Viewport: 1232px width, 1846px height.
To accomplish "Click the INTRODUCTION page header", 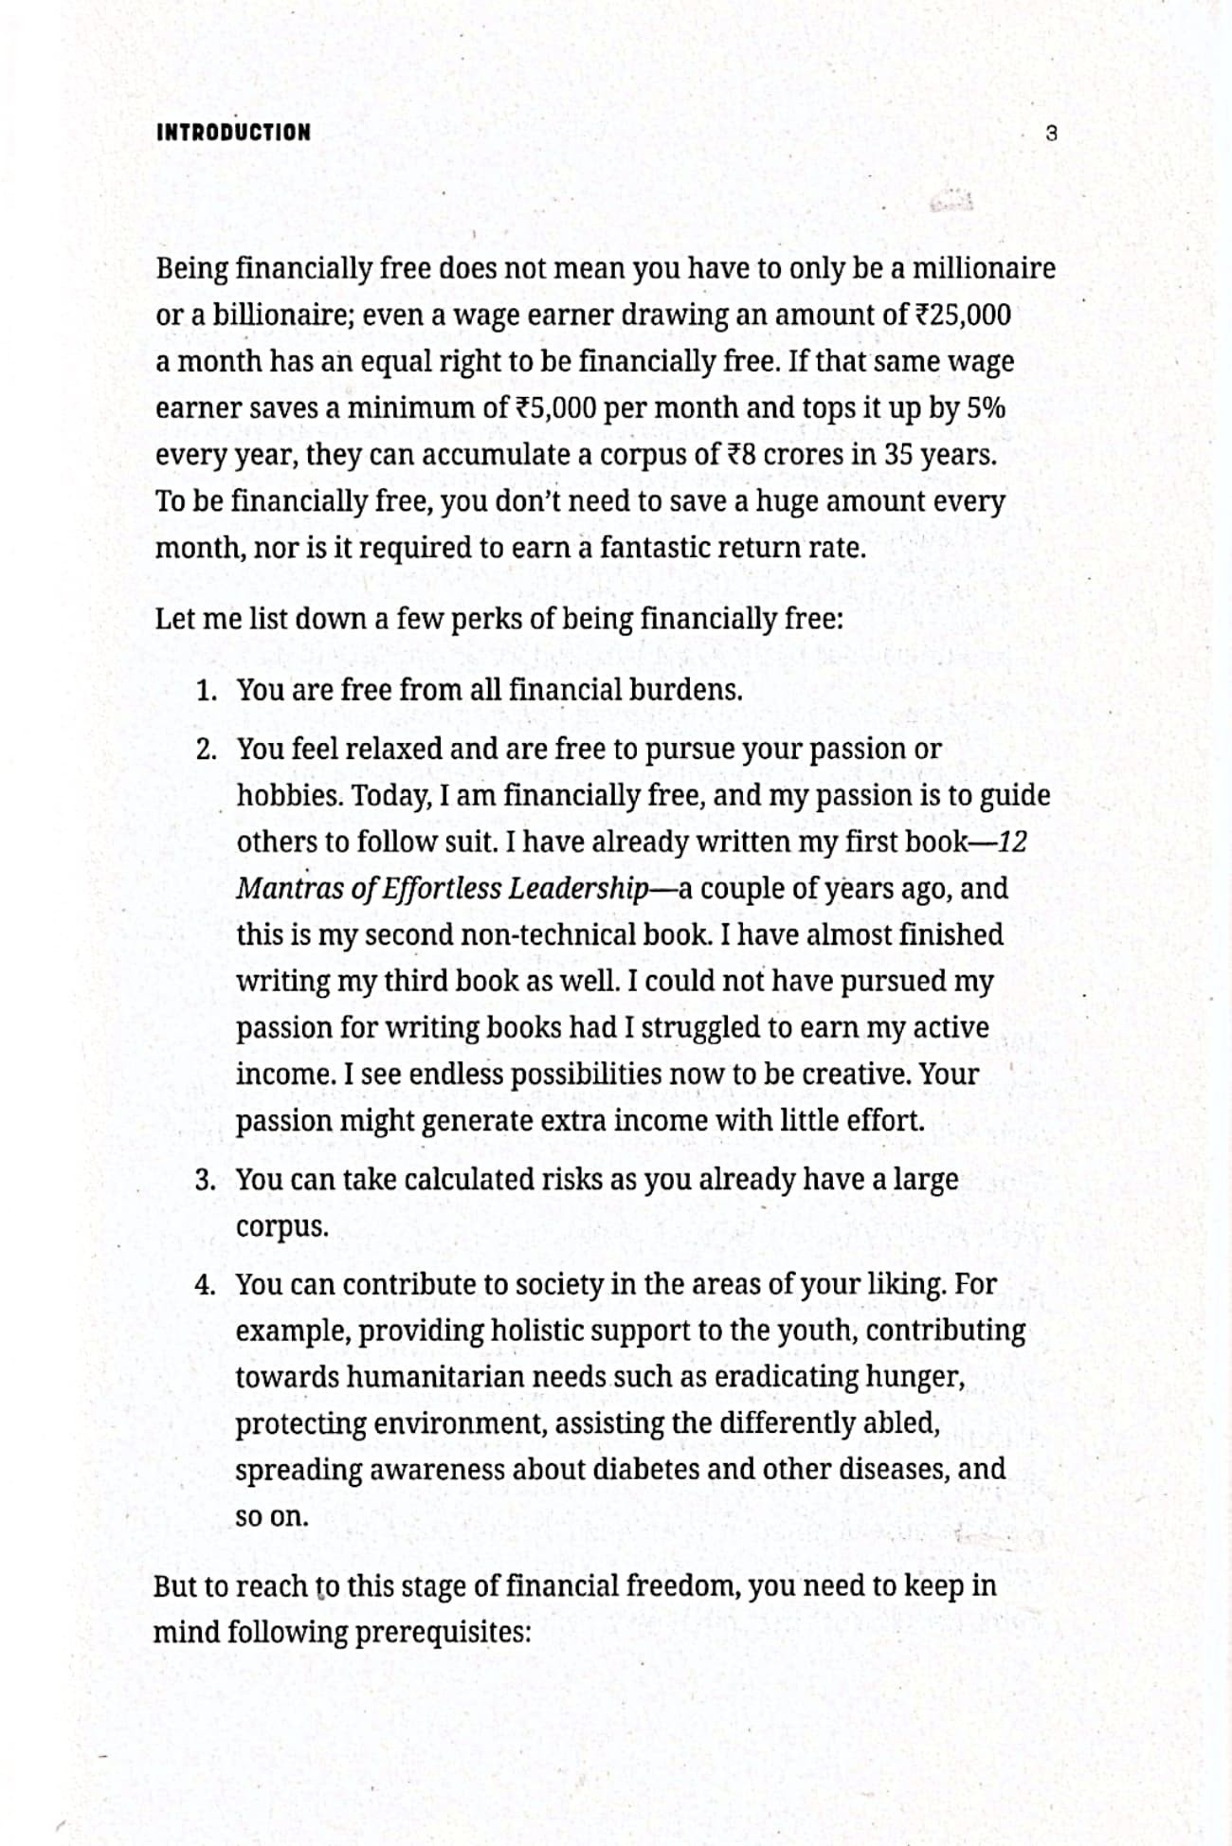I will coord(233,133).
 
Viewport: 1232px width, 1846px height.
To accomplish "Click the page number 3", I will coord(1050,134).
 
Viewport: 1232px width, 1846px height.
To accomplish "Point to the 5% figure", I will coord(986,407).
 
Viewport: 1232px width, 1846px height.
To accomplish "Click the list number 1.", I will coord(206,691).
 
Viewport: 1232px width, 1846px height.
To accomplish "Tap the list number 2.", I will coord(206,750).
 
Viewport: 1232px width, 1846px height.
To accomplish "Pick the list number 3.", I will coord(206,1181).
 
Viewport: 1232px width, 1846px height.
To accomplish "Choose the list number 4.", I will coord(206,1285).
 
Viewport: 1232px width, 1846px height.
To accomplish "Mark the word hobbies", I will coord(288,796).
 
